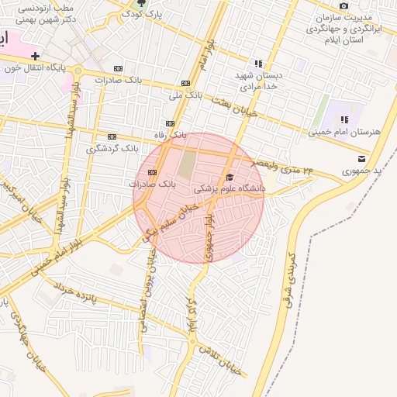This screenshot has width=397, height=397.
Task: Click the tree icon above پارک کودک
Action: click(139, 2)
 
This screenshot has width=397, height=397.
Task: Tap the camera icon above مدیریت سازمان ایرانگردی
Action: click(343, 5)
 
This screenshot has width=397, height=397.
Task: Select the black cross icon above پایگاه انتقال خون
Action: click(35, 56)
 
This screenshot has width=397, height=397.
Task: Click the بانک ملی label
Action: click(185, 95)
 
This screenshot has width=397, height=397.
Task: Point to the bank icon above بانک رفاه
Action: click(170, 123)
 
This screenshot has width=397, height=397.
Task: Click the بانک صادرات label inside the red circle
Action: click(153, 185)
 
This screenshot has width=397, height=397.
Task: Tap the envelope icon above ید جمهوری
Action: click(361, 158)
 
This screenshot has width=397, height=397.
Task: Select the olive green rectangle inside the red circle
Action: click(188, 164)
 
